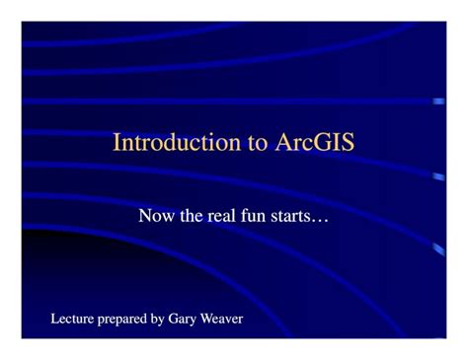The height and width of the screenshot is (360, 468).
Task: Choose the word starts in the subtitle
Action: click(290, 216)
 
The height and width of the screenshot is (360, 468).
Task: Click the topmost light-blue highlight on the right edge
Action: click(439, 101)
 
